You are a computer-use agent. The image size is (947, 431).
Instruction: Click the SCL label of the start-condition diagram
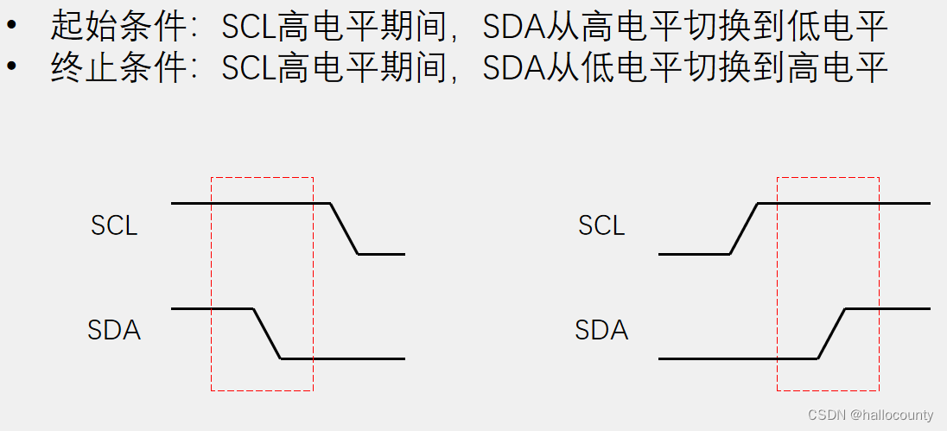[114, 225]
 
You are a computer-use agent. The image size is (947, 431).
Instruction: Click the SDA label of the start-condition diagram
[114, 330]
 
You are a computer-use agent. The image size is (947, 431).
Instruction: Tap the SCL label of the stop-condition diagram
[601, 225]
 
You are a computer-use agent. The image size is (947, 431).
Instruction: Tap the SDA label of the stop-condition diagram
[601, 330]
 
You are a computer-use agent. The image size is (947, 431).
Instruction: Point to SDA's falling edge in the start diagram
[267, 333]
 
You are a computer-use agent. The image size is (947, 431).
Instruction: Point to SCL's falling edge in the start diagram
[345, 229]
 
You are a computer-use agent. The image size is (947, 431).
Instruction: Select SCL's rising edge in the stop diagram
[744, 229]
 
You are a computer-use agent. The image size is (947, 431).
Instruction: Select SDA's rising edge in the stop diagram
[831, 333]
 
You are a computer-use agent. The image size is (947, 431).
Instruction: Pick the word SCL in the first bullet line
[248, 29]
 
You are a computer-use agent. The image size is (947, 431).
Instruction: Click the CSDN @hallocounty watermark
[870, 415]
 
